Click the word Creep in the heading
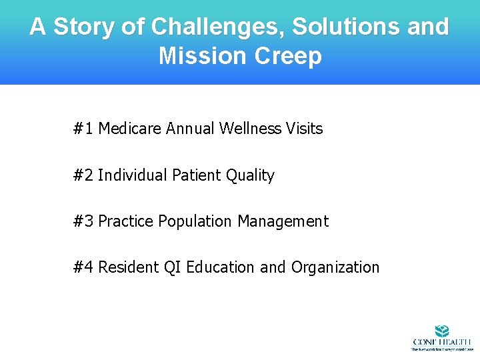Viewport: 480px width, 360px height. tap(288, 56)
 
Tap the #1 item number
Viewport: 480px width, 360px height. tap(83, 129)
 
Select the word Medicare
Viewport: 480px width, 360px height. tap(129, 129)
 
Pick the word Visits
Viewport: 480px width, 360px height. tap(304, 129)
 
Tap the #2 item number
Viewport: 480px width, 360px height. tap(83, 175)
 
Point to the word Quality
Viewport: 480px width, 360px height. tap(250, 175)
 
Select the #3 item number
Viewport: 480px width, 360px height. tap(83, 221)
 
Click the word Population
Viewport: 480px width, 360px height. tap(195, 221)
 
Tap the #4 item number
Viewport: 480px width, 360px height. tap(83, 267)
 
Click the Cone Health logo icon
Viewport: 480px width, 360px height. tap(441, 331)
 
